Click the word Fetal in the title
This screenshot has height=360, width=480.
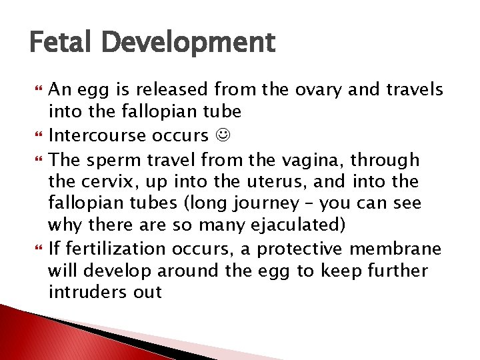(61, 43)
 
